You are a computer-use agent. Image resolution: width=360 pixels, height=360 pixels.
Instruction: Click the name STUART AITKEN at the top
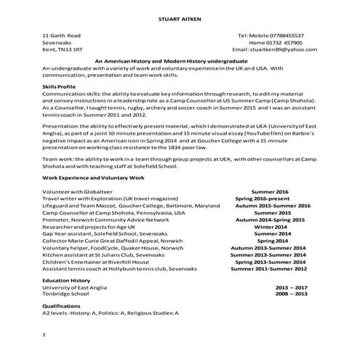tap(179, 17)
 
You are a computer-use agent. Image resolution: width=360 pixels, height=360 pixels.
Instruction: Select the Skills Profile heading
tap(60, 86)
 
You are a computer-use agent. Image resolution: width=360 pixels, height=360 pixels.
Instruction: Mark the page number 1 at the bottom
tap(45, 335)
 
